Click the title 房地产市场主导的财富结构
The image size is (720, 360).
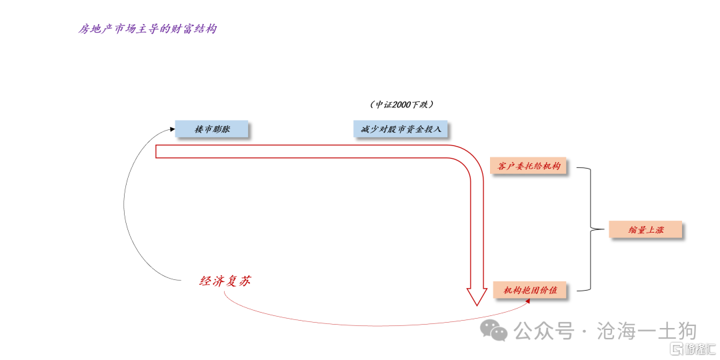tap(147, 29)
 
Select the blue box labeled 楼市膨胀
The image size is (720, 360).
tap(211, 129)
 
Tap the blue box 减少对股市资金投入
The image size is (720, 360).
tap(401, 129)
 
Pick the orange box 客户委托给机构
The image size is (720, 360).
tap(529, 165)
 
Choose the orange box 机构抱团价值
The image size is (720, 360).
tap(530, 290)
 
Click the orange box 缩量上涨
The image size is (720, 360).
tap(645, 229)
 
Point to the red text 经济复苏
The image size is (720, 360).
tap(225, 281)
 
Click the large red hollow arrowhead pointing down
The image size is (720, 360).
tap(476, 295)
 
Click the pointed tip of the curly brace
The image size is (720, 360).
tap(590, 230)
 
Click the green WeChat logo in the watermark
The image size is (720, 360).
tap(495, 330)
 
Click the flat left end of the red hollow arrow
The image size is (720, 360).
tap(156, 151)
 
